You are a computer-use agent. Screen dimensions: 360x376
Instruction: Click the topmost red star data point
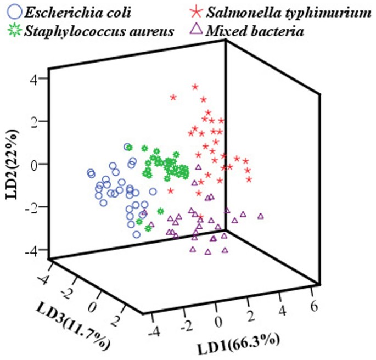195,87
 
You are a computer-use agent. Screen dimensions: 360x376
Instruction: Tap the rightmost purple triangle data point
261,216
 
